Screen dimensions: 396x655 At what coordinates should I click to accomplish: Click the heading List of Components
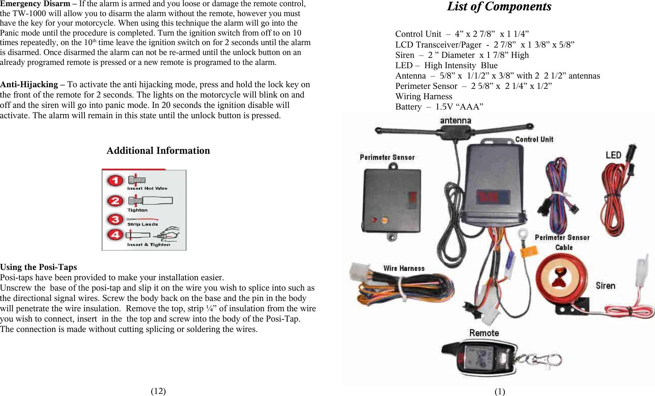point(499,7)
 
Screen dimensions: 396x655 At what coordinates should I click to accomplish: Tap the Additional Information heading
point(158,150)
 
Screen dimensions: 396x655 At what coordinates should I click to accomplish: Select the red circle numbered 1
point(116,181)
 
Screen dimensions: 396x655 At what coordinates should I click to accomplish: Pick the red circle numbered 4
point(116,235)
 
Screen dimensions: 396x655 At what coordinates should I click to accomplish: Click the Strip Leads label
point(142,224)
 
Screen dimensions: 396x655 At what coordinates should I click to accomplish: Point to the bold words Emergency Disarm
point(35,4)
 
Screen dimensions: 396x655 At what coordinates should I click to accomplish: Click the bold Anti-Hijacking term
point(29,84)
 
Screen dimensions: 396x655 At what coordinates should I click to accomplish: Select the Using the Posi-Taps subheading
point(39,267)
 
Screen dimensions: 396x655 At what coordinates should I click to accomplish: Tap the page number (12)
point(158,391)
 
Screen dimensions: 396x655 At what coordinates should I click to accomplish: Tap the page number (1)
point(500,391)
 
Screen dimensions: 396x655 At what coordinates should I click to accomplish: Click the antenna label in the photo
point(455,120)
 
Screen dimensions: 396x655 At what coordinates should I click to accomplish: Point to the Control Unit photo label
point(534,139)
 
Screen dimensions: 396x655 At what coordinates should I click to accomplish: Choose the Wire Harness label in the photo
point(404,268)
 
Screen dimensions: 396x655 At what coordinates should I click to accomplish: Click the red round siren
point(561,277)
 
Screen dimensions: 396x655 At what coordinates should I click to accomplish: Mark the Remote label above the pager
point(484,333)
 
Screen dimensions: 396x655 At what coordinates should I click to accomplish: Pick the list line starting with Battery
point(439,107)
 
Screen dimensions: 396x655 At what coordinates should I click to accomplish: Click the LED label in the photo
point(613,155)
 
